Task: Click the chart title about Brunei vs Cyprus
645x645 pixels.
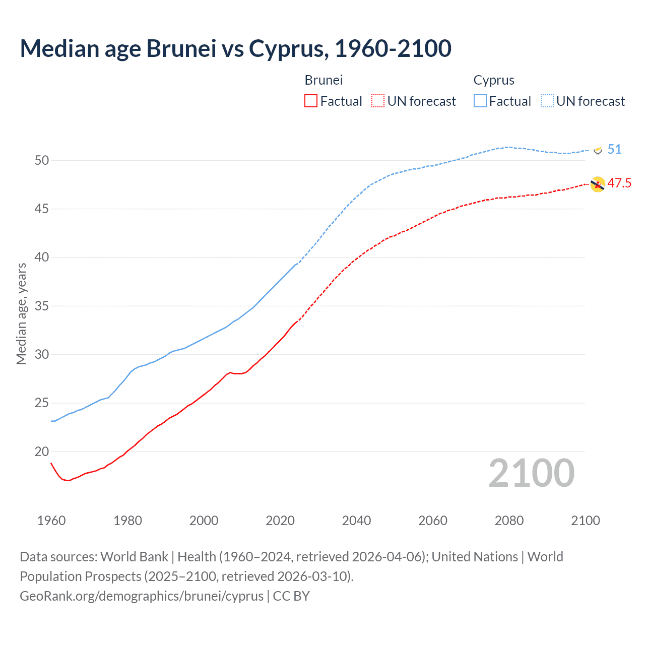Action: click(235, 48)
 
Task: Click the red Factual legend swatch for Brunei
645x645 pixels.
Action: click(311, 101)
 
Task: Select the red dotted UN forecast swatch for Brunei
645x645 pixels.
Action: click(378, 101)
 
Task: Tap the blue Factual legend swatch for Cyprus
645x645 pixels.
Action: click(480, 101)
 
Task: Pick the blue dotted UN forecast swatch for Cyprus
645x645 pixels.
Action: click(547, 101)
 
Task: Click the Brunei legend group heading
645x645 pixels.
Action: click(324, 80)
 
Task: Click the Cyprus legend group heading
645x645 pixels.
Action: click(494, 80)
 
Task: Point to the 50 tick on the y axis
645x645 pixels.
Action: click(42, 160)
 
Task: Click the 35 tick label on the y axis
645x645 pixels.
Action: click(42, 306)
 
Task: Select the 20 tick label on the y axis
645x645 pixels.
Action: click(42, 451)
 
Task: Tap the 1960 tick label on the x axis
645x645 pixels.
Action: click(51, 521)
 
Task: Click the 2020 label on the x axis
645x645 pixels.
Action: click(280, 521)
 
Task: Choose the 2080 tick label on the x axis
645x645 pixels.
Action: click(509, 521)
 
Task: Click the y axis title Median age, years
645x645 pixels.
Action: click(21, 313)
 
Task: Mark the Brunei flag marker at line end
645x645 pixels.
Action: click(598, 184)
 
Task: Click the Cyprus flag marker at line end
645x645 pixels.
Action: click(598, 150)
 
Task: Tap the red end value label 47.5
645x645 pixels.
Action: click(619, 183)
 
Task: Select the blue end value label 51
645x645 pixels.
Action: click(614, 149)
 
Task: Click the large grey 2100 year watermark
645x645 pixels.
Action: click(532, 473)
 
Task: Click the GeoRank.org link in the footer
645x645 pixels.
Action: click(142, 596)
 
